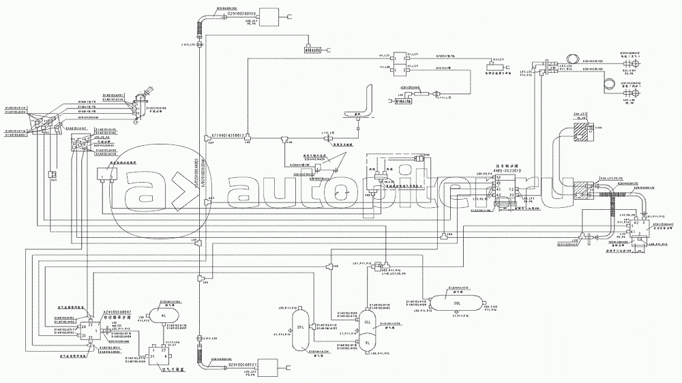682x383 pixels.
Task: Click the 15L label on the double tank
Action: click(366, 322)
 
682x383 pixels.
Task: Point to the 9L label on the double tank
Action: click(366, 343)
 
